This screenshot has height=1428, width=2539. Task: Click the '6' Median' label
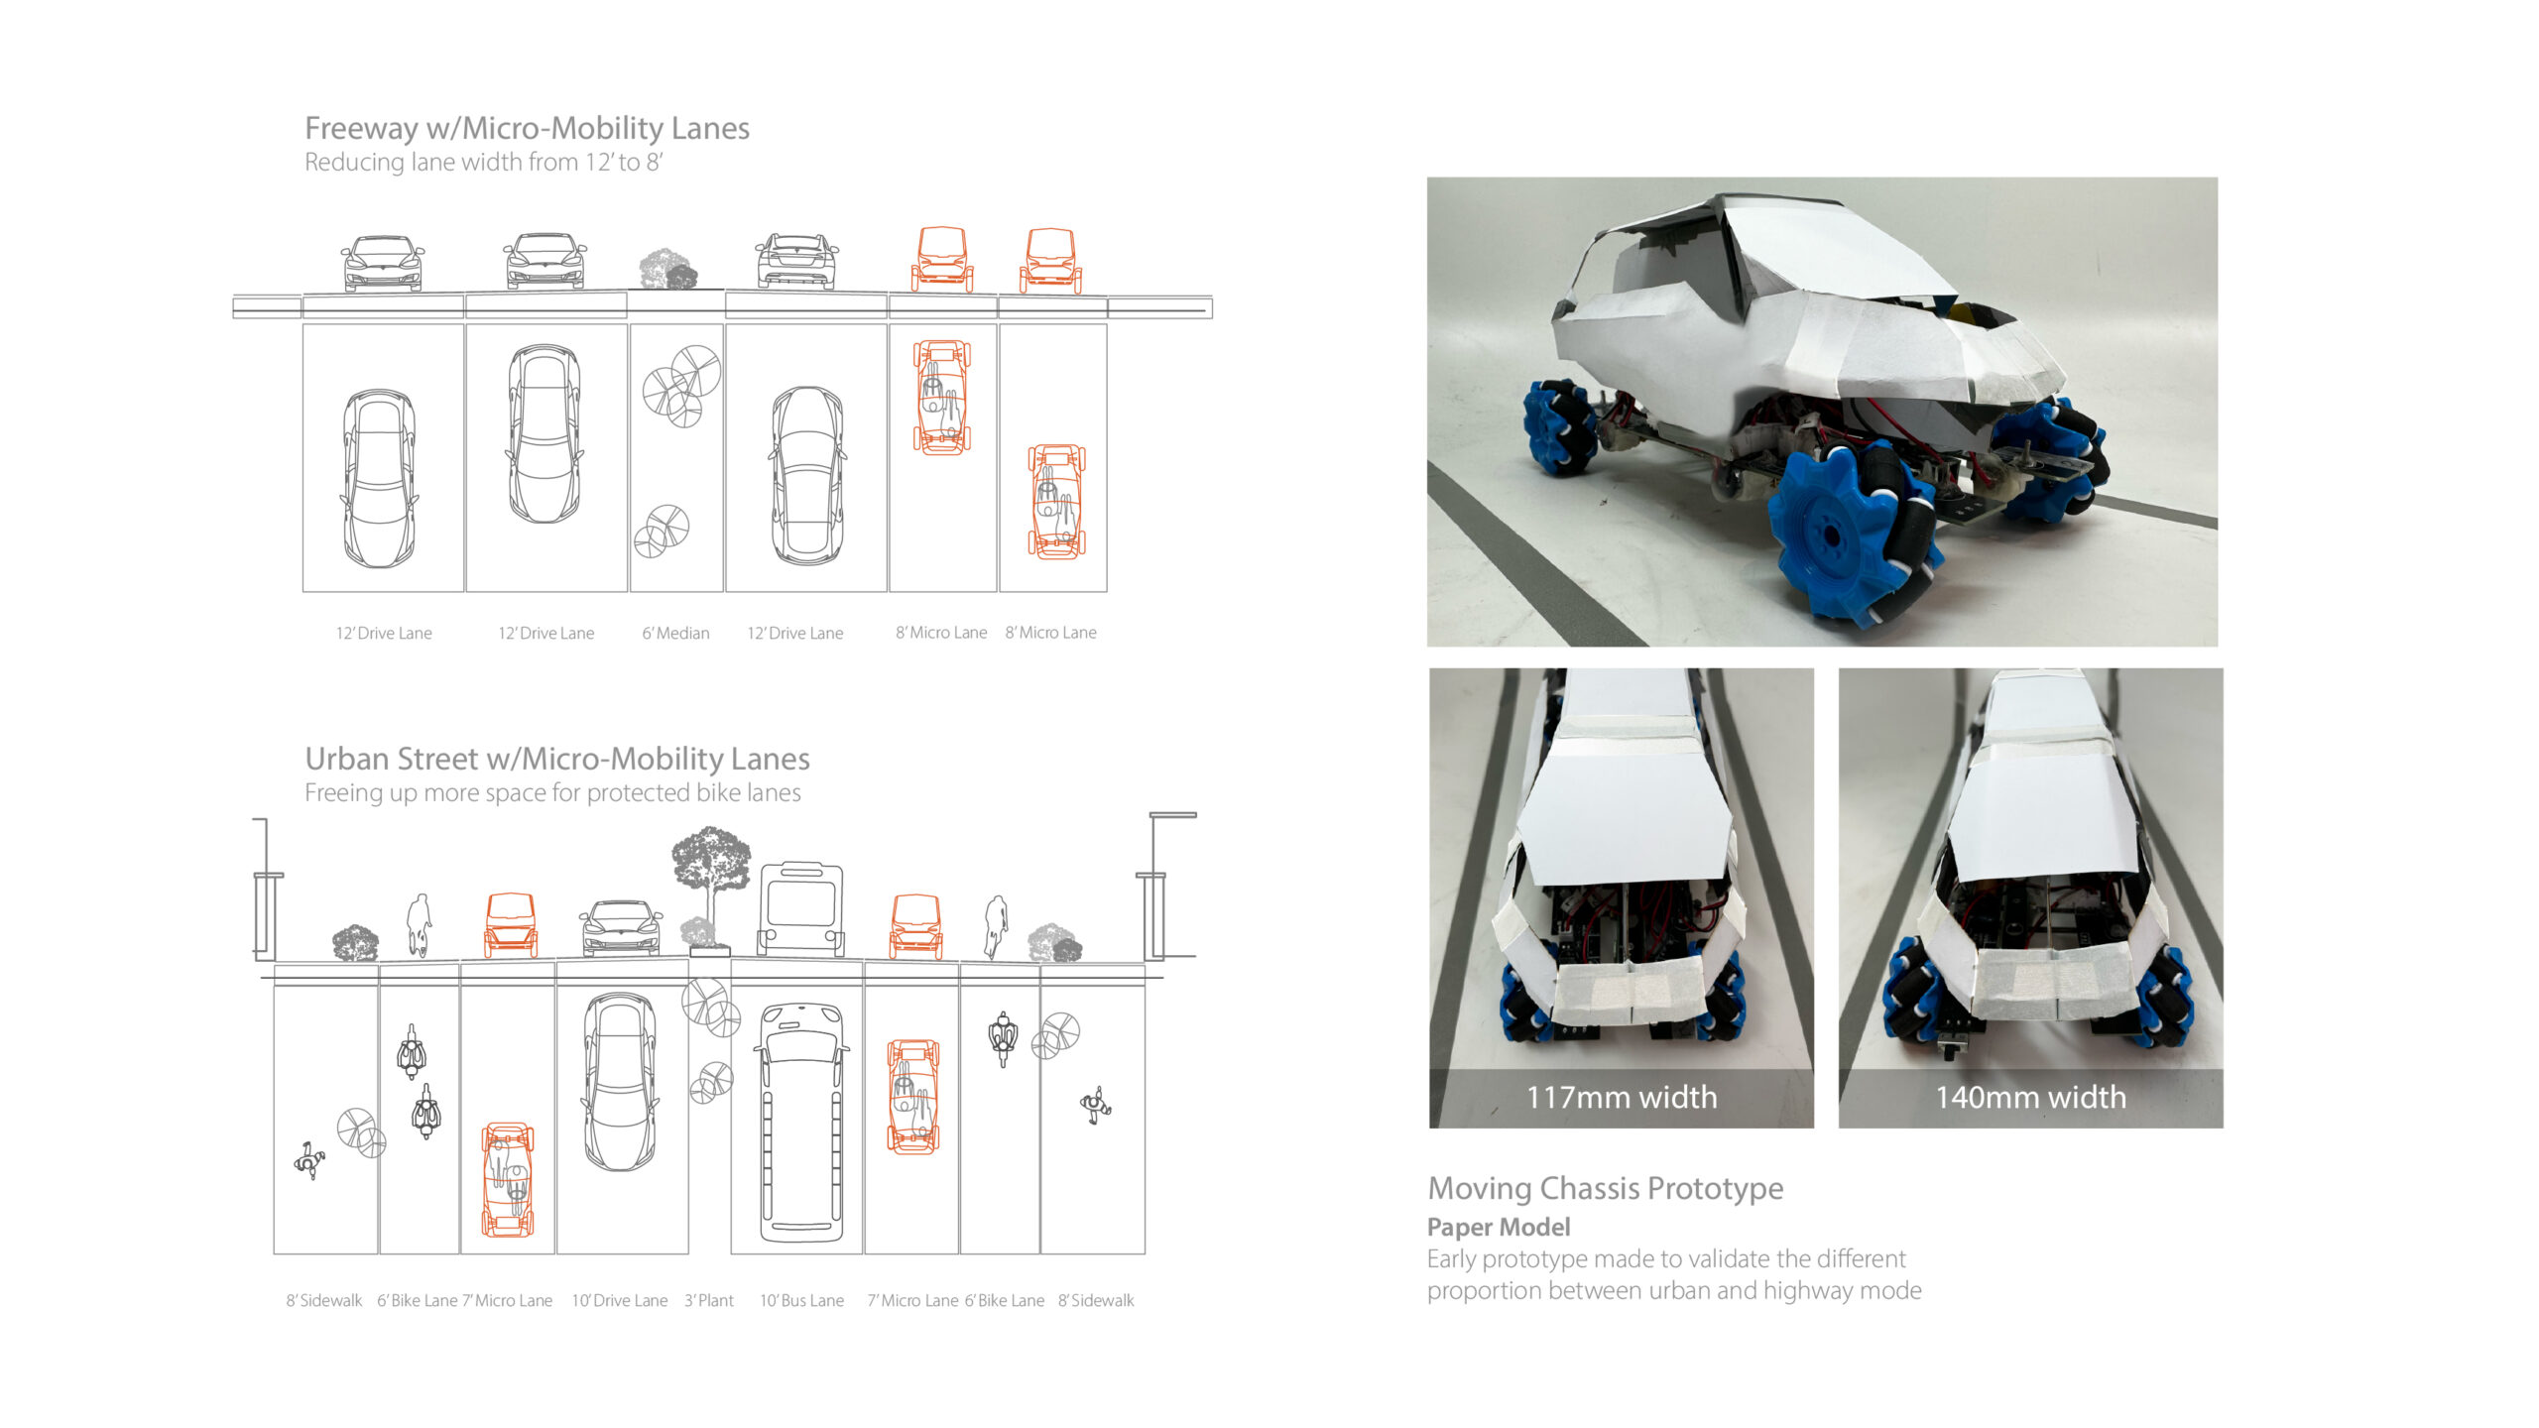675,633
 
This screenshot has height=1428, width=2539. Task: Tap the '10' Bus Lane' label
801,1300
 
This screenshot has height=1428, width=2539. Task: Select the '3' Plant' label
709,1300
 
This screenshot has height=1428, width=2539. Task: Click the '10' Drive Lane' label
619,1300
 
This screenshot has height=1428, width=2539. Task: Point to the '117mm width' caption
1621,1097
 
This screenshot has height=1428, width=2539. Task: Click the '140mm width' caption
2030,1097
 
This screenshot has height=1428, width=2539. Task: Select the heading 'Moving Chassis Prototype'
1605,1187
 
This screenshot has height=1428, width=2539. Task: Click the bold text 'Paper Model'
1498,1227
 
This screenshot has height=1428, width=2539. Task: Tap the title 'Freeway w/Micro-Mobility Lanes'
527,128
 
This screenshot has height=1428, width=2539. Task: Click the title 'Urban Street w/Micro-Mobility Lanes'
556,759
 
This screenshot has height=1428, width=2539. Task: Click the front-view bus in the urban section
801,908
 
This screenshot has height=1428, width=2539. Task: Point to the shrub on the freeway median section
667,269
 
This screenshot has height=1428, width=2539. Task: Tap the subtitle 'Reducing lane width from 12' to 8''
483,163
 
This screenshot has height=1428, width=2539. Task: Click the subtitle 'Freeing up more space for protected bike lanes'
552,793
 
